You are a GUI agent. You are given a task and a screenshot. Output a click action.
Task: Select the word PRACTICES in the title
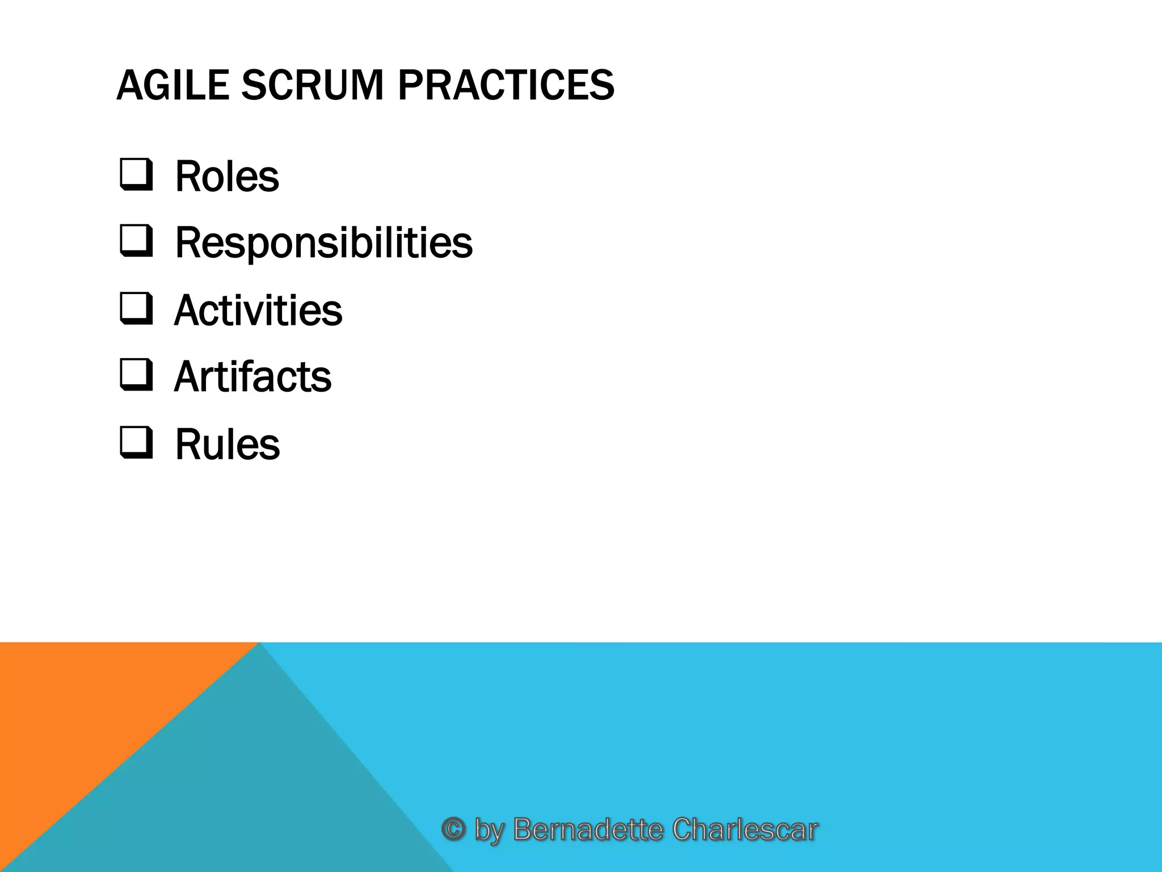pyautogui.click(x=506, y=85)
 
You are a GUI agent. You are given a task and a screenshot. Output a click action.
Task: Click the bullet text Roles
pyautogui.click(x=227, y=177)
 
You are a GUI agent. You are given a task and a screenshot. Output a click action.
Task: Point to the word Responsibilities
pyautogui.click(x=323, y=243)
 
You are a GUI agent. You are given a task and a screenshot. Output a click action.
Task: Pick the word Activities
pyautogui.click(x=258, y=311)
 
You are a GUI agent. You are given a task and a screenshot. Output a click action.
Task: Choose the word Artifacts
pyautogui.click(x=252, y=377)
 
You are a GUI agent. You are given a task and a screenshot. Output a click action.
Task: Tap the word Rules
pyautogui.click(x=227, y=445)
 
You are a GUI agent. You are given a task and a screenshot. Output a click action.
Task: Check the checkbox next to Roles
pyautogui.click(x=136, y=174)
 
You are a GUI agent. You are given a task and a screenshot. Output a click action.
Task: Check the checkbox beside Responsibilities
pyautogui.click(x=136, y=241)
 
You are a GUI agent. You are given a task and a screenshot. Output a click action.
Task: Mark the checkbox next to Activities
pyautogui.click(x=136, y=309)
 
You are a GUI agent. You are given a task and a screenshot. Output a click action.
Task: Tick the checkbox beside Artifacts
pyautogui.click(x=136, y=375)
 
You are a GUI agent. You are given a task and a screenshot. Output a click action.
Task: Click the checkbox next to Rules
pyautogui.click(x=136, y=443)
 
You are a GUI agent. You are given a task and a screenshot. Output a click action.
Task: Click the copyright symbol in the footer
pyautogui.click(x=453, y=829)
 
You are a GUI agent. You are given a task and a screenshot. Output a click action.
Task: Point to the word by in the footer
pyautogui.click(x=489, y=830)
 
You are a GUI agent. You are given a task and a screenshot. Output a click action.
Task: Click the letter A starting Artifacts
pyautogui.click(x=188, y=377)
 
